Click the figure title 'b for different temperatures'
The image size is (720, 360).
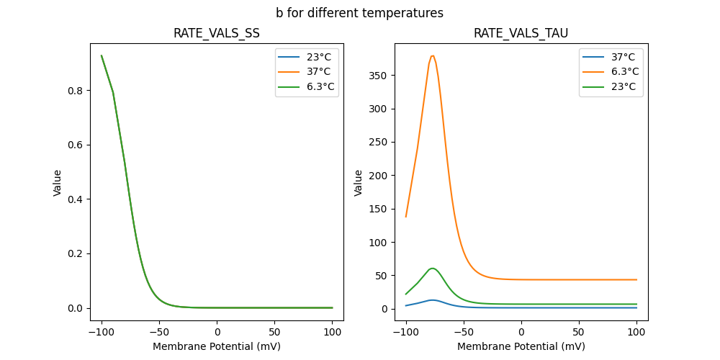359,13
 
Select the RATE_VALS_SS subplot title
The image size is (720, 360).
217,34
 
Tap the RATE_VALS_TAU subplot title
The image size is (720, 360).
521,34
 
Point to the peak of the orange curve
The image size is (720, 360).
432,56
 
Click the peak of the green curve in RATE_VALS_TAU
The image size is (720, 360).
433,269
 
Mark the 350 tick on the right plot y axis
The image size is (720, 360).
395,76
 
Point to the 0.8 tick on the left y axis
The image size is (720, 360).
90,91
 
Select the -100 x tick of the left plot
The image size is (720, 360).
102,320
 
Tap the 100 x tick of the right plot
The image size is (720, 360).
636,320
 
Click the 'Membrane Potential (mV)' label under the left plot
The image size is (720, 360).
217,346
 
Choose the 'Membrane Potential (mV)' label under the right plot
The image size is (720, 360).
521,346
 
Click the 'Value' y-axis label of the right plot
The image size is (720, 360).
359,183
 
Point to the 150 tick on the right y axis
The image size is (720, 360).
395,209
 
